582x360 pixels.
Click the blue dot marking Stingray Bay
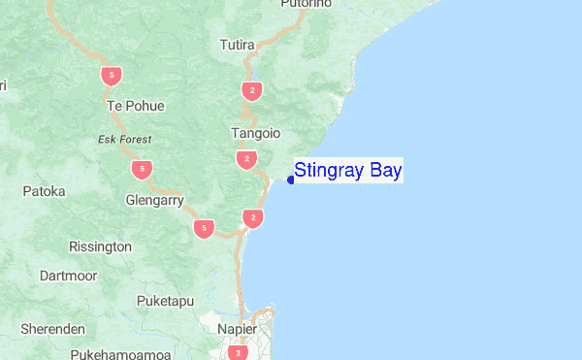[x=291, y=180]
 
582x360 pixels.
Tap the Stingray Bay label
[x=347, y=172]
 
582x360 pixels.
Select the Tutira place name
[x=237, y=46]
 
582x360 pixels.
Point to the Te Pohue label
[x=136, y=106]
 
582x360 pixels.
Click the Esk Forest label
[x=124, y=140]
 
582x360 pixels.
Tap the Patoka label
[x=45, y=191]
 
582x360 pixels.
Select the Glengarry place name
[x=155, y=201]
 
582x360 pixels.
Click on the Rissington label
[x=100, y=246]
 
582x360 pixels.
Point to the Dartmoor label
[x=69, y=276]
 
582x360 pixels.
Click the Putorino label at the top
[x=306, y=4]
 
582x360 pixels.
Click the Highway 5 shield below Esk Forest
[x=143, y=170]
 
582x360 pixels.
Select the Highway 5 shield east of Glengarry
[x=203, y=229]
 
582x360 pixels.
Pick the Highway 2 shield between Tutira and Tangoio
[x=252, y=91]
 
